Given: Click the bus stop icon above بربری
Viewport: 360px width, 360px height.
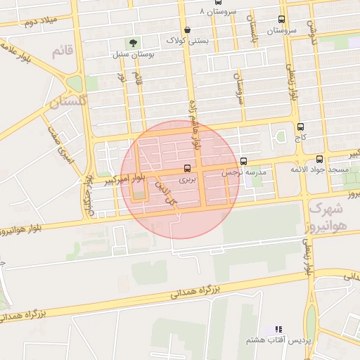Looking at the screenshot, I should click(x=187, y=169).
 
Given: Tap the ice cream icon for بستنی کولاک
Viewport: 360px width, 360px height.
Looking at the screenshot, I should click(x=186, y=30).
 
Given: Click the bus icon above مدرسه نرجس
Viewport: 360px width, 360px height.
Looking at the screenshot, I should click(x=243, y=161).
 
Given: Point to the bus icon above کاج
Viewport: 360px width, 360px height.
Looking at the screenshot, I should click(x=301, y=127).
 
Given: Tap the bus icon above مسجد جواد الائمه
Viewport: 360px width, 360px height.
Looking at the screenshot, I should click(x=321, y=160).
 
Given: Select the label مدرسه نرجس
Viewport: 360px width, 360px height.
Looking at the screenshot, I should click(x=245, y=172).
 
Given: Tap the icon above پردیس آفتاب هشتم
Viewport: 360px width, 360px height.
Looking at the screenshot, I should click(x=278, y=329).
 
